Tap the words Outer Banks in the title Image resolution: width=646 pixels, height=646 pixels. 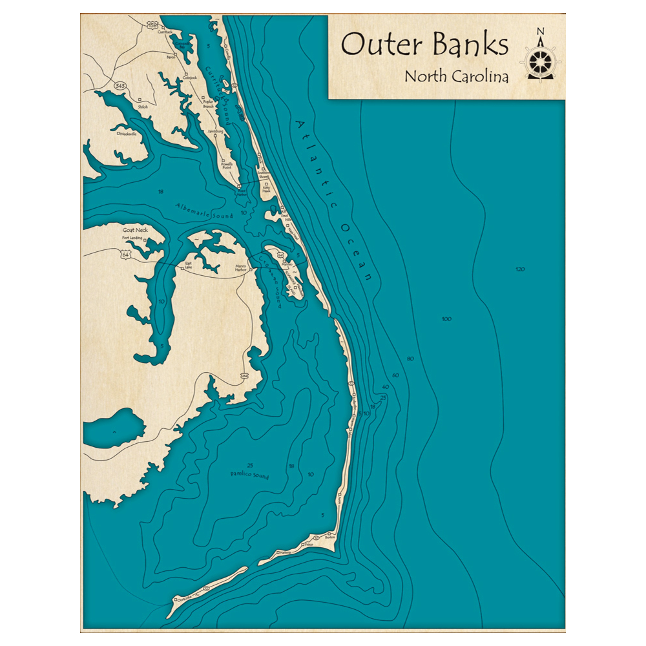coord(424,45)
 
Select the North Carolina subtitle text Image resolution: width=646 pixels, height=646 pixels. coord(456,76)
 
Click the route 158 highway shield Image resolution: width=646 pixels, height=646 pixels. coord(152,25)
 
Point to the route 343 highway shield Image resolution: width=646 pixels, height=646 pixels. coord(120,85)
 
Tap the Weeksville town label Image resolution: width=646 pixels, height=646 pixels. coord(127,134)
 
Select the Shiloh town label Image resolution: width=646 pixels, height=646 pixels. coord(143,107)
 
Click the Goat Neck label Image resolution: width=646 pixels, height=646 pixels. coord(135,230)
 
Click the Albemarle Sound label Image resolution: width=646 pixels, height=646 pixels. coord(203,211)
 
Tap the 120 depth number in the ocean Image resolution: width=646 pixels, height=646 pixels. coord(520,269)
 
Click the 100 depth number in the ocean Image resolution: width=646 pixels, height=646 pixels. coord(446,319)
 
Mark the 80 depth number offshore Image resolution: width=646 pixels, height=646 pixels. coord(411,359)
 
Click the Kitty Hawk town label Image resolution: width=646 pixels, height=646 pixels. coord(266,191)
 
